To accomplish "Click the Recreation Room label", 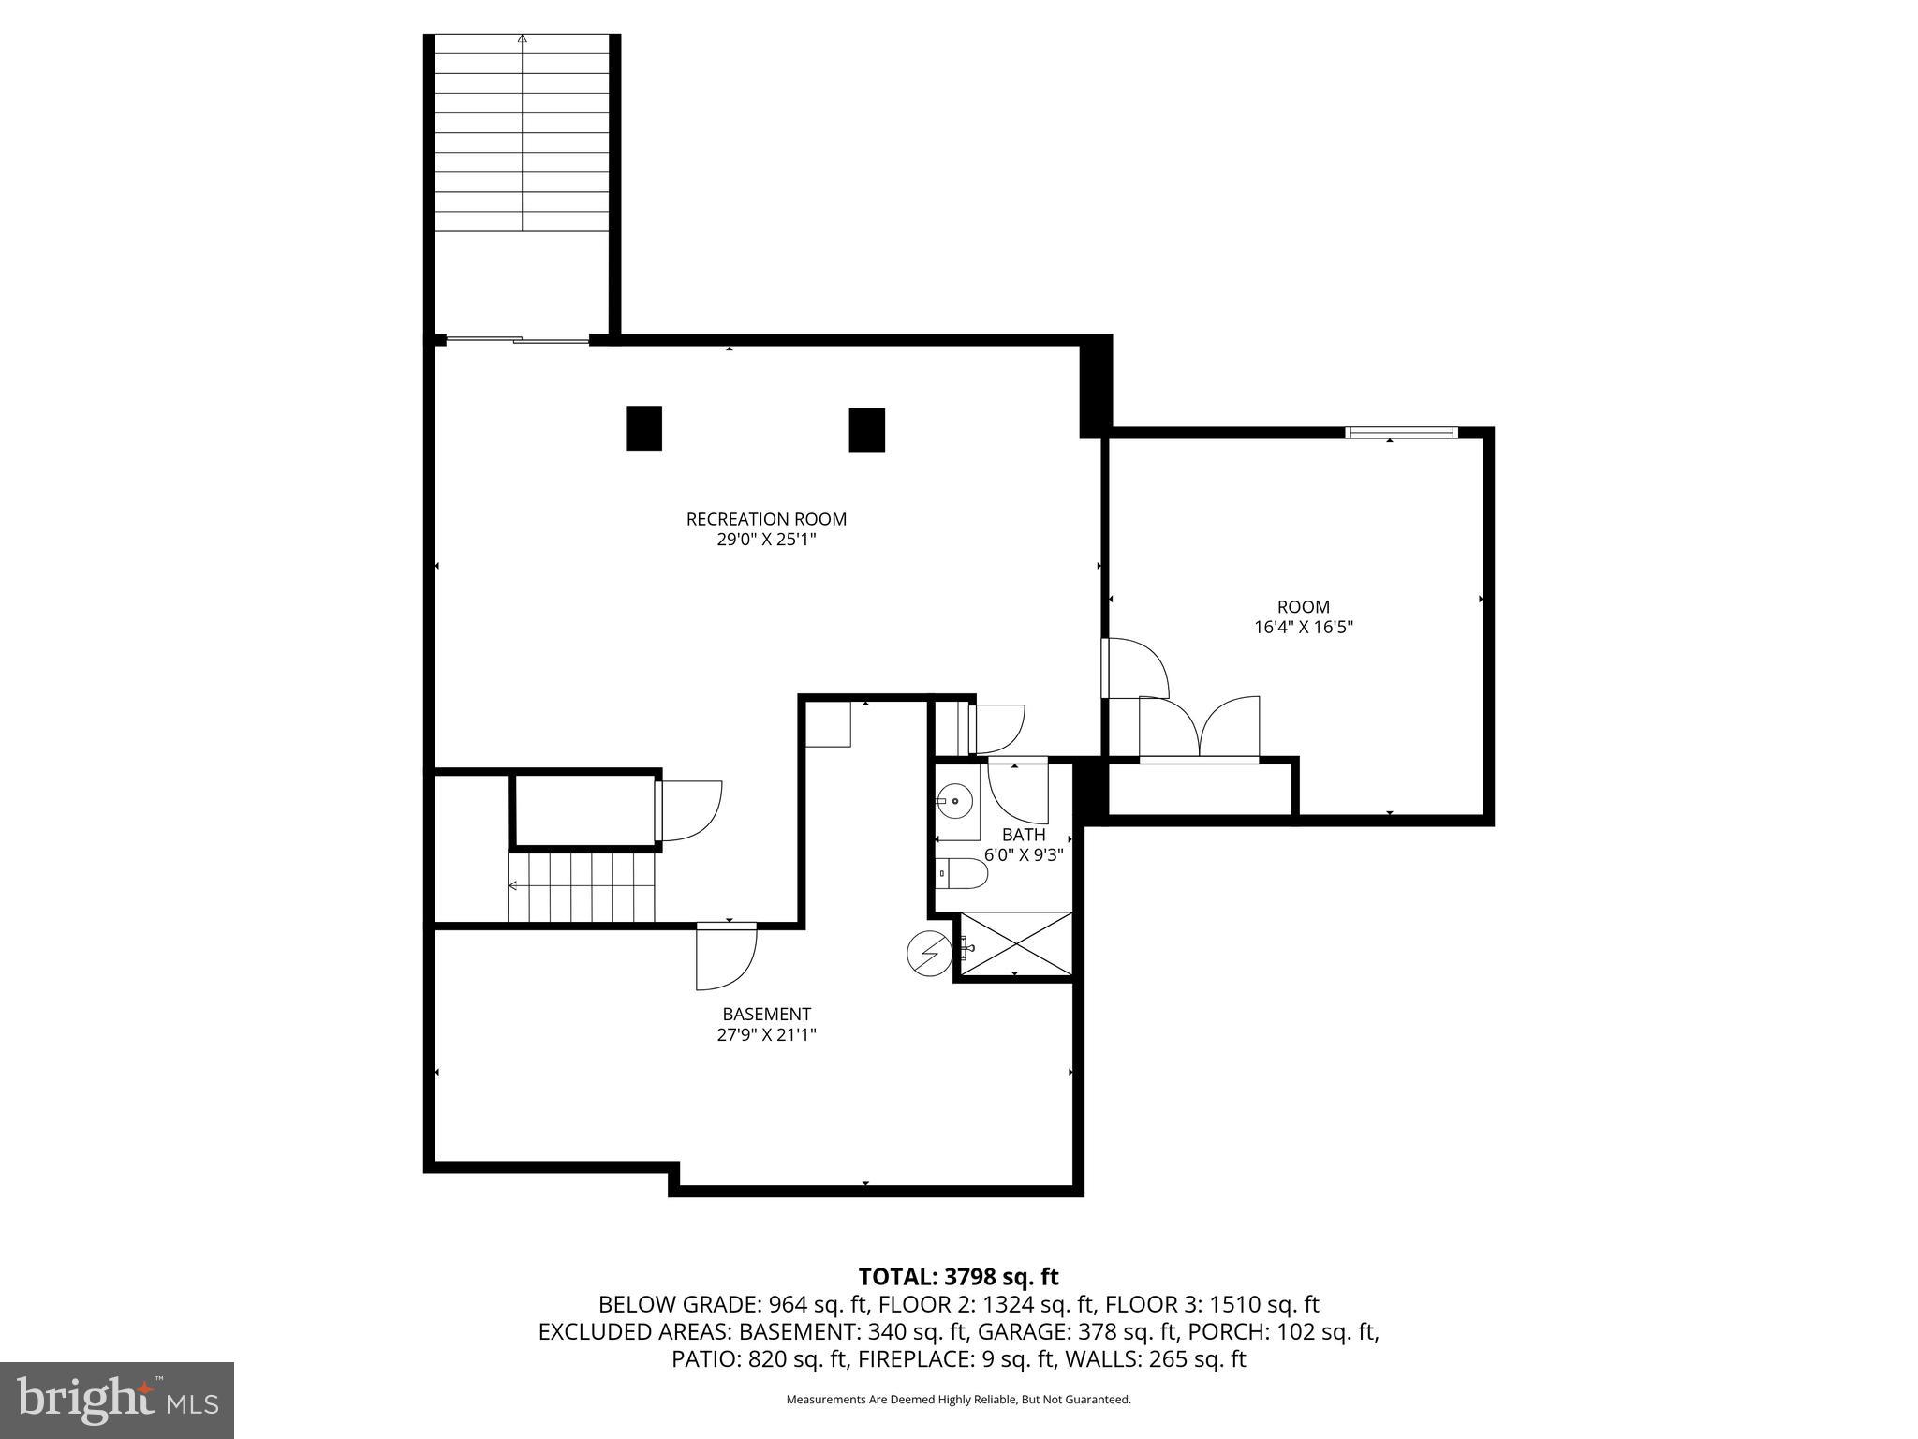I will click(x=766, y=519).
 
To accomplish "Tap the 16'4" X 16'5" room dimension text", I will click(x=1304, y=628).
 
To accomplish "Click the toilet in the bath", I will click(x=963, y=874).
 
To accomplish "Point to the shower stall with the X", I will click(x=1016, y=946).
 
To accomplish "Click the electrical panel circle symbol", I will click(x=929, y=954).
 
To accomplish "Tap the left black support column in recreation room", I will click(x=643, y=428).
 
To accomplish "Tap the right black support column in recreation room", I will click(x=866, y=430).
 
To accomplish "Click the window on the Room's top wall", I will click(x=1401, y=432).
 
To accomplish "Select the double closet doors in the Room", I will click(x=1199, y=729).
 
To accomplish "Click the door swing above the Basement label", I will click(x=725, y=956).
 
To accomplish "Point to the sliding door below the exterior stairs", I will click(x=517, y=340).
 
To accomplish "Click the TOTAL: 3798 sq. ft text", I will click(x=958, y=1276).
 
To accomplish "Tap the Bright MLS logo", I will click(x=117, y=1401).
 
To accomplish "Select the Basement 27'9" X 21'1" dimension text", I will click(x=766, y=1035).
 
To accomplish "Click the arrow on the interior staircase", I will click(x=514, y=885).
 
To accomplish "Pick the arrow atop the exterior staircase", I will click(x=523, y=39).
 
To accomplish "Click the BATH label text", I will click(x=1023, y=835).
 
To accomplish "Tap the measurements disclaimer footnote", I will click(x=958, y=1400).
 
